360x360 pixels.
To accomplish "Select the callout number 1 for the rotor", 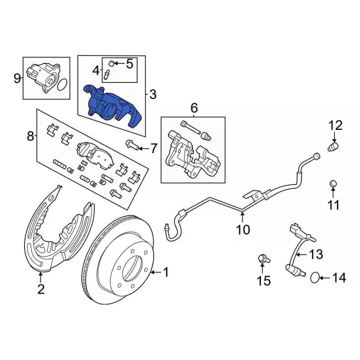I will pos(166,272).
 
